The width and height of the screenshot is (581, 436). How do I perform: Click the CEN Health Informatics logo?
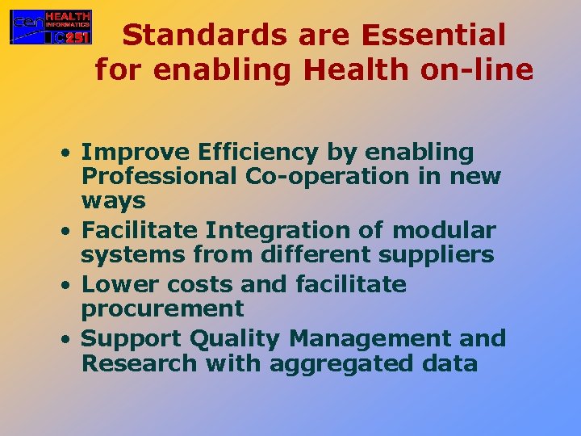coord(50,27)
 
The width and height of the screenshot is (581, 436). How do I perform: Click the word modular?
coord(444,231)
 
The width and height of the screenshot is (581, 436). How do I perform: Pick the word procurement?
coord(162,309)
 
